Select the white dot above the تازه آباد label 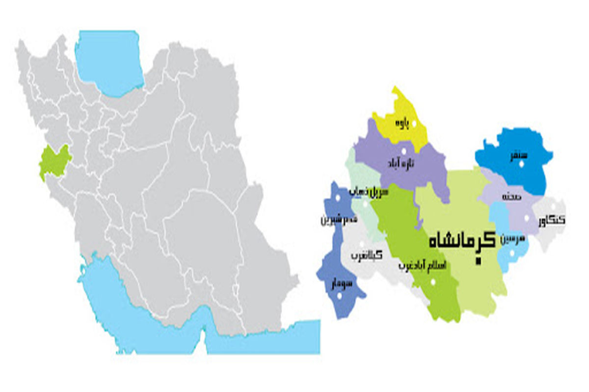[x=404, y=151]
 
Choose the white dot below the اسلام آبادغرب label [x=433, y=282]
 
